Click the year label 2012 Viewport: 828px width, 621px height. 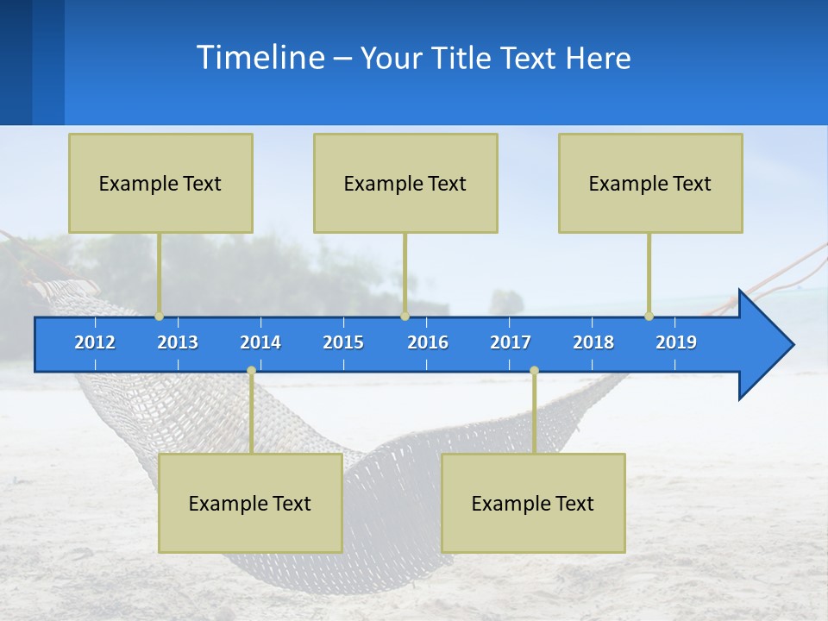(95, 342)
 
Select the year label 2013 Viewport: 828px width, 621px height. (178, 342)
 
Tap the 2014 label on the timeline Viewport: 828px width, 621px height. (260, 342)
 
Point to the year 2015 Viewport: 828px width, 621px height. (343, 342)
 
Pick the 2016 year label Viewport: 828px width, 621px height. (428, 342)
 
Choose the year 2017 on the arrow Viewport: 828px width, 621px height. (511, 342)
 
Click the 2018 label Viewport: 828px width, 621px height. (593, 342)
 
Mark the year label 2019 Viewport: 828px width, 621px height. (676, 342)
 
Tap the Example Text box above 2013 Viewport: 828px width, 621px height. (160, 183)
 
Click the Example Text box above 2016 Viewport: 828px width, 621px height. (405, 183)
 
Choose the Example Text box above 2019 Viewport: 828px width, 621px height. (650, 183)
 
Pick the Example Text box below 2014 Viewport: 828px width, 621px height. (250, 503)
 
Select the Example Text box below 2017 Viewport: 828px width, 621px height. (533, 503)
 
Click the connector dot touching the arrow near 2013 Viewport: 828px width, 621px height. (160, 317)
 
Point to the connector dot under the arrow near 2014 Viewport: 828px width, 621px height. (251, 371)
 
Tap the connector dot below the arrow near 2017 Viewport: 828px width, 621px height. (534, 371)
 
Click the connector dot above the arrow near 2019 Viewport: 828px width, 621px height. (649, 317)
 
